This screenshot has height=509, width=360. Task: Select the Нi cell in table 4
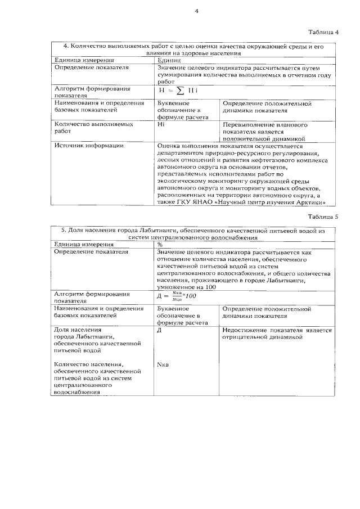click(162, 124)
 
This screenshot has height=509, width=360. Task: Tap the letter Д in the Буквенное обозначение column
click(160, 330)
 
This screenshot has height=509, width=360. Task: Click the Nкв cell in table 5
click(163, 364)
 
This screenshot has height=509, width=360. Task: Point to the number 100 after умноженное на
click(209, 287)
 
